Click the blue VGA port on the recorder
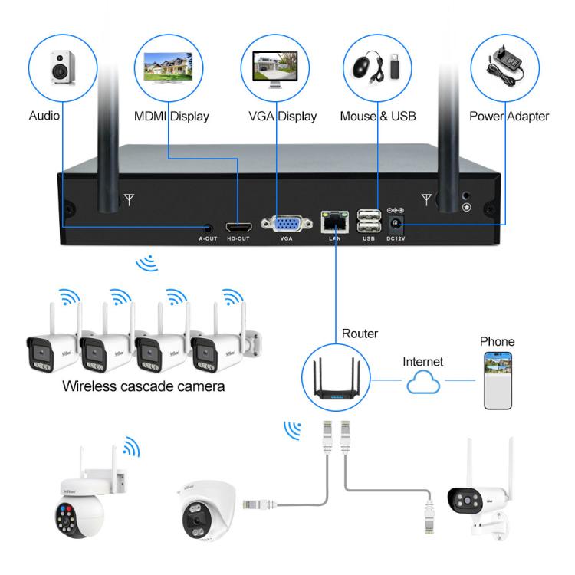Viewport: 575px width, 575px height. pyautogui.click(x=287, y=223)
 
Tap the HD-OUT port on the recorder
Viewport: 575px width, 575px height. pyautogui.click(x=239, y=227)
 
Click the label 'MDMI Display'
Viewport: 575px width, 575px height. pyautogui.click(x=171, y=117)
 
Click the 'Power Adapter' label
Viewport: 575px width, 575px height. pyautogui.click(x=509, y=117)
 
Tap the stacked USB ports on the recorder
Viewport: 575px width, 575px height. pyautogui.click(x=368, y=221)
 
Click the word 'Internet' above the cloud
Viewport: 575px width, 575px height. pyautogui.click(x=423, y=360)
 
